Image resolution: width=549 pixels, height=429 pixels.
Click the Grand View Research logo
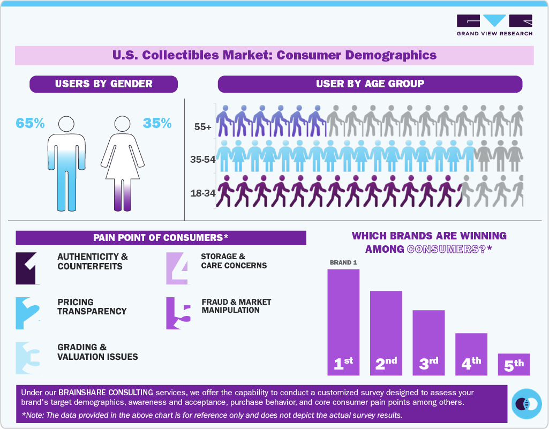tap(494, 25)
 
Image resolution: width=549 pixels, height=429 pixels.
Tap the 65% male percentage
tap(30, 123)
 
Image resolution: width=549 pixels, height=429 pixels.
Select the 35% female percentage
tap(157, 123)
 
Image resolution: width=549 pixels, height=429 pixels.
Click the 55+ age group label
tap(204, 128)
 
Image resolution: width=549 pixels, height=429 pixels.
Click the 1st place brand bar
tap(343, 321)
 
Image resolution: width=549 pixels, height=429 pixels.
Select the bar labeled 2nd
tap(386, 332)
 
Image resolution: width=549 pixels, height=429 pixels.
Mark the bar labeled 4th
tap(471, 353)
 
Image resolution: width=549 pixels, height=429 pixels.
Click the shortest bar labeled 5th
tap(514, 364)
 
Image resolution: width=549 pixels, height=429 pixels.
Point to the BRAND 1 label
tap(343, 262)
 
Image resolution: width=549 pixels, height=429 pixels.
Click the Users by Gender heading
tap(103, 84)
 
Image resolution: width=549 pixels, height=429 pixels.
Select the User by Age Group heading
tap(370, 84)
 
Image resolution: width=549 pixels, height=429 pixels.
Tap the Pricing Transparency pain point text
tap(92, 306)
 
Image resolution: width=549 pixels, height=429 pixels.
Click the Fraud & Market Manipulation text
tap(236, 306)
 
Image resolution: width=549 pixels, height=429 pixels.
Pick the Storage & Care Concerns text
tap(234, 261)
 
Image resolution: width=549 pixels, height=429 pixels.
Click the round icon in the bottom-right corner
tap(526, 404)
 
